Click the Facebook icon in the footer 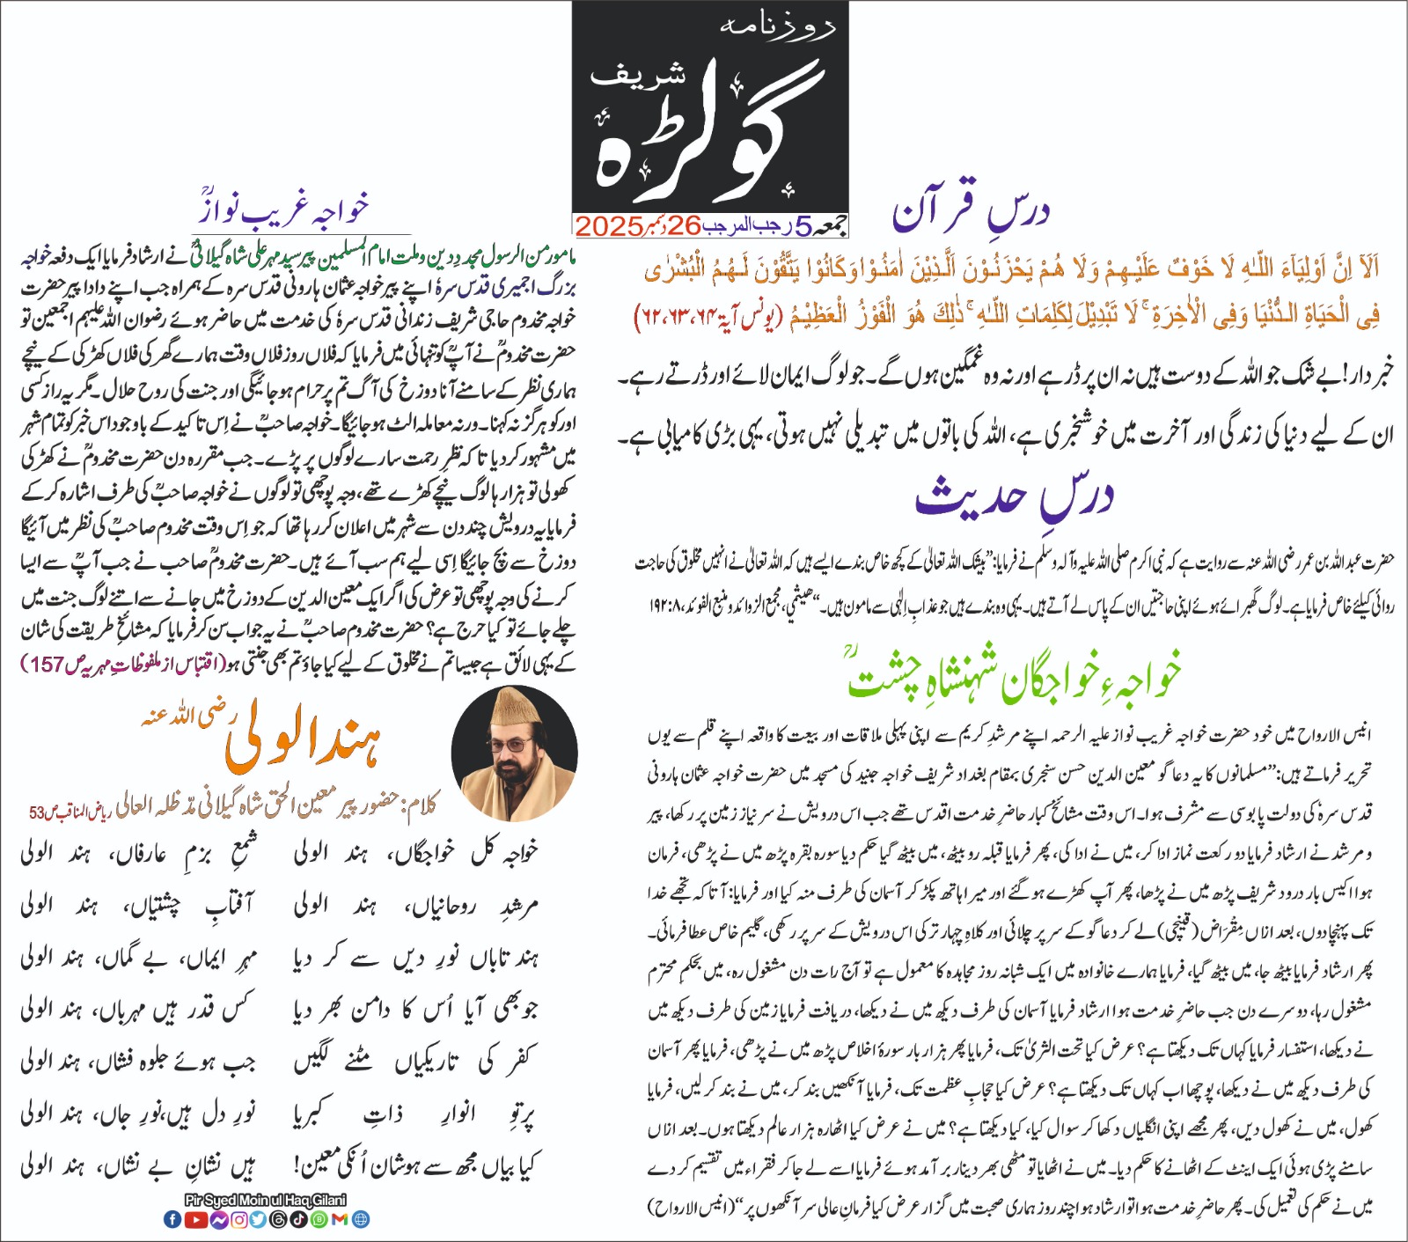(x=172, y=1219)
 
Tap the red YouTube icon (x=196, y=1219)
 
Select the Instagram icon (x=238, y=1219)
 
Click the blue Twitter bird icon (x=258, y=1219)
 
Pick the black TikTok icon (x=297, y=1219)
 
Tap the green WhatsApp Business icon (x=319, y=1219)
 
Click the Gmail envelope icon (x=339, y=1219)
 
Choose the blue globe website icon (x=360, y=1219)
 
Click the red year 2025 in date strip (x=609, y=226)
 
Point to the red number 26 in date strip (x=684, y=226)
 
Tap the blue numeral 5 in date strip (x=803, y=227)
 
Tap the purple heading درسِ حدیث (x=1015, y=498)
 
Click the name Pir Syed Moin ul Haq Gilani (x=266, y=1200)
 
